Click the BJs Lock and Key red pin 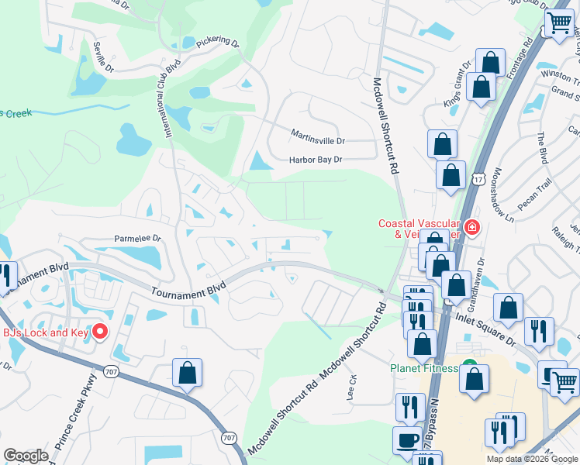pos(100,332)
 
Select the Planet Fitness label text pos(423,368)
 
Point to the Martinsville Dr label pos(318,140)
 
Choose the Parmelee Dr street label pos(137,239)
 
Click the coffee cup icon pos(407,441)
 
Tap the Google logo pos(26,456)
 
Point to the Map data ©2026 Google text pos(532,459)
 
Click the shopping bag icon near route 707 pos(188,373)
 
